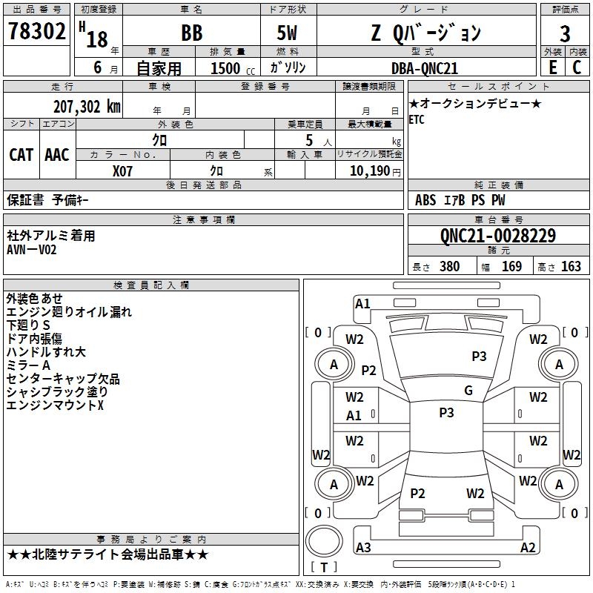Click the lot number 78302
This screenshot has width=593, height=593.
coord(36,33)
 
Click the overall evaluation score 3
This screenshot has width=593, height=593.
coord(565,33)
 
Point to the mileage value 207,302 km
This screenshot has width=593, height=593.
coord(87,107)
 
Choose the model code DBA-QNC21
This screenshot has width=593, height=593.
coord(425,67)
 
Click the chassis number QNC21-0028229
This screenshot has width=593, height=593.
coord(497,236)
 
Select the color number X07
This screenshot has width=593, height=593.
coord(123,170)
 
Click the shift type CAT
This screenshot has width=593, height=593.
coord(21,154)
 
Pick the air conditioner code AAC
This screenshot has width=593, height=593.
coord(57,154)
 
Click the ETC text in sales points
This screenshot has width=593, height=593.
coord(417,120)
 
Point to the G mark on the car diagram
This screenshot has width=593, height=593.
coord(468,391)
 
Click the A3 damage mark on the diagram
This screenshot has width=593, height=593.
coord(363,548)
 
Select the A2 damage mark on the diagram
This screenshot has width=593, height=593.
coord(528,548)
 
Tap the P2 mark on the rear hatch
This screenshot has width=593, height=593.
coord(418,494)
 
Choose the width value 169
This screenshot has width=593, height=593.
coord(511,267)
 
